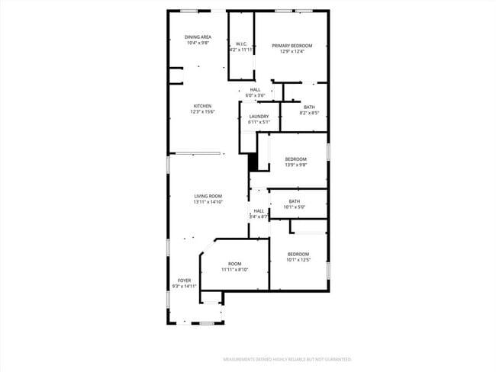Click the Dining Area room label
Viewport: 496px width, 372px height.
click(198, 37)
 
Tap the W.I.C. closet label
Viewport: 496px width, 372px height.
click(240, 43)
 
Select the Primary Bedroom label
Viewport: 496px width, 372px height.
click(292, 46)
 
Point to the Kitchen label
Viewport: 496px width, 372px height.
click(202, 105)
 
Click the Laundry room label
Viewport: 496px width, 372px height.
click(259, 116)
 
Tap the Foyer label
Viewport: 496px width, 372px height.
click(184, 280)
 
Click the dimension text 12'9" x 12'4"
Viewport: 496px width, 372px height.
click(292, 52)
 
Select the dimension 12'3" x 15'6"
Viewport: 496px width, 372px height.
click(202, 111)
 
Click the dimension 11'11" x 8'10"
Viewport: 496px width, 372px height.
click(234, 269)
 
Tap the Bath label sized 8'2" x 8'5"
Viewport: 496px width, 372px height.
click(309, 107)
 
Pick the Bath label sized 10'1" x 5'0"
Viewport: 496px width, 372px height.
click(294, 201)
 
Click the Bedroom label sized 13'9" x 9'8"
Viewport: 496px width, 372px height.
click(295, 159)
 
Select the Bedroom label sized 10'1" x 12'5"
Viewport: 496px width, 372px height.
click(298, 254)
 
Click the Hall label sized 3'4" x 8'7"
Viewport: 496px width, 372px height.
click(259, 211)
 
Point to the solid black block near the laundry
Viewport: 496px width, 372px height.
click(253, 162)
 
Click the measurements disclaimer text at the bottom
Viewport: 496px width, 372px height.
click(286, 358)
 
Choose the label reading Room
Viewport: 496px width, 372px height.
click(234, 263)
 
